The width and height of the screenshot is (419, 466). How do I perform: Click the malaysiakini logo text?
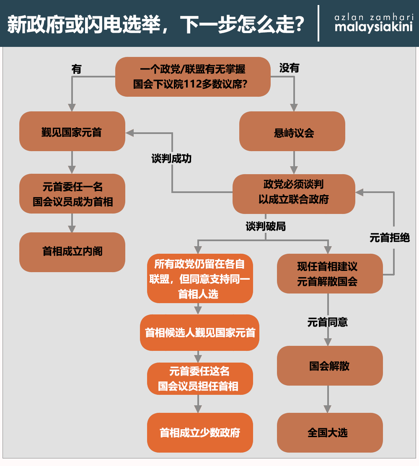373,27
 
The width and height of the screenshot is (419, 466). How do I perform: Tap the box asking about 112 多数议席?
193,77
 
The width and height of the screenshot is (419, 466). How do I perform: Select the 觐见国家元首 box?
72,131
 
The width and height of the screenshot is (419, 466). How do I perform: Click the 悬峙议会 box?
292,131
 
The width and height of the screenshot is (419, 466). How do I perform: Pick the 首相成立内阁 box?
72,252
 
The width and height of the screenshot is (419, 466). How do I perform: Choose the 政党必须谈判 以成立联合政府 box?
294,194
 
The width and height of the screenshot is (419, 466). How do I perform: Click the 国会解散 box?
330,366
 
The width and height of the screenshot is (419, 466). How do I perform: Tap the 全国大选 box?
330,433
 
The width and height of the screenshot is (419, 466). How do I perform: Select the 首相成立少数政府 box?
200,433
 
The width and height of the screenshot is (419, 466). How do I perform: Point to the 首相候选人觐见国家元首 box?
199,332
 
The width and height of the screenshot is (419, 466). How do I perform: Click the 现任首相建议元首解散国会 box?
330,273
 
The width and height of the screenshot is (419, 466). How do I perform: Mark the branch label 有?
76,69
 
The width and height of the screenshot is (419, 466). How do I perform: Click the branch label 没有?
289,68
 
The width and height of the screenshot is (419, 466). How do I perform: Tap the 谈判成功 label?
171,158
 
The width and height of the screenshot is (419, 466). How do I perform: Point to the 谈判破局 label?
266,227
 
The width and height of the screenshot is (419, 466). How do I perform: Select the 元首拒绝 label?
390,238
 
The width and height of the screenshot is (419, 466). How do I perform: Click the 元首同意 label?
327,322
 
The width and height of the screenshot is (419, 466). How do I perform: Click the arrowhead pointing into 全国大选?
327,409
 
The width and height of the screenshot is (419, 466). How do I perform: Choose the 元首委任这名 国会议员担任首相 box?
200,378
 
